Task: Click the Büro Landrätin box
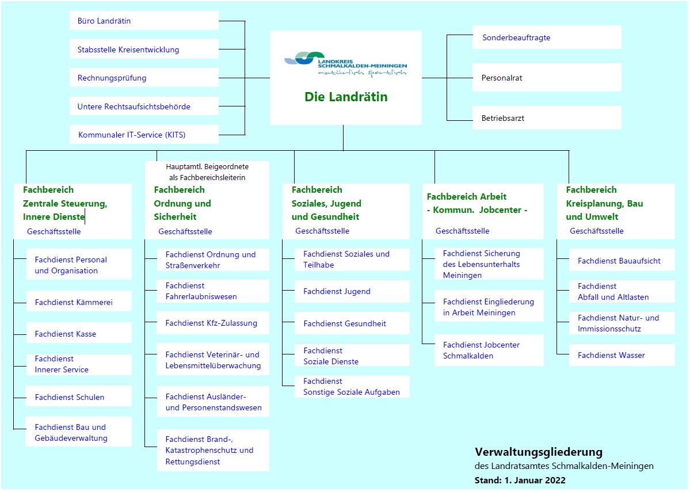tap(144, 21)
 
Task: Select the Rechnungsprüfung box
tap(144, 78)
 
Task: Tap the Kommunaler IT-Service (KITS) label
tap(132, 135)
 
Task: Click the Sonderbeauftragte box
tap(547, 37)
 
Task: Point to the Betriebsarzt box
tap(547, 117)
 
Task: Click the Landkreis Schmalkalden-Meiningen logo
tap(345, 64)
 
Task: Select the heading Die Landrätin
tap(346, 97)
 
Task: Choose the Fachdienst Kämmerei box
tap(79, 302)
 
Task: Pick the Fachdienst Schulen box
tap(79, 396)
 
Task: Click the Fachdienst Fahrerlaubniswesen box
tap(213, 291)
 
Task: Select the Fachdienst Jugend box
tap(352, 291)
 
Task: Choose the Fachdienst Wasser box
tap(622, 354)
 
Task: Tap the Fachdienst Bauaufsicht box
tap(622, 261)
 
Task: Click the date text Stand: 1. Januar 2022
tap(520, 480)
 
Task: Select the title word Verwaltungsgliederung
tap(539, 452)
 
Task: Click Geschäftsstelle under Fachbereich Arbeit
tap(462, 231)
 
